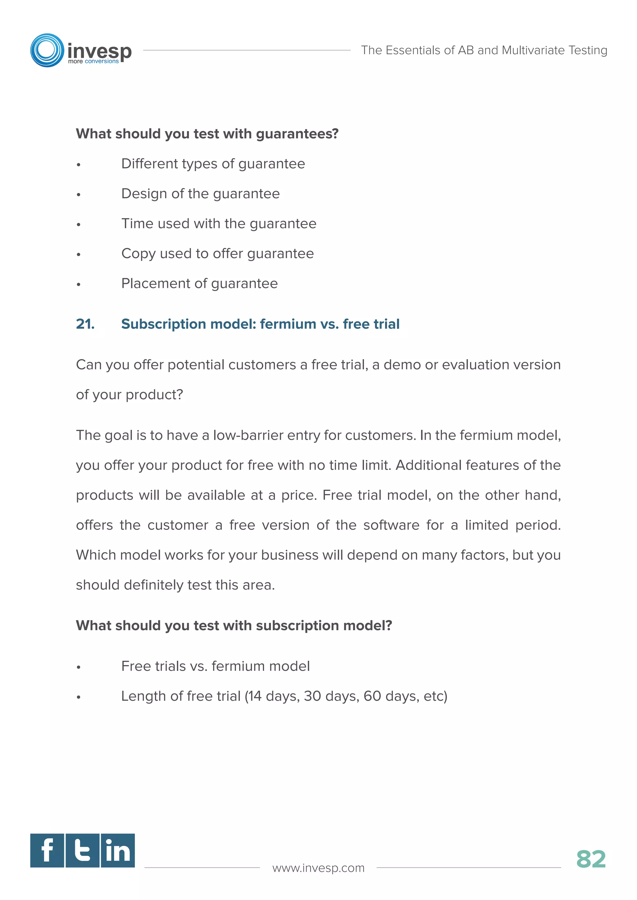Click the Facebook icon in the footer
coord(47,850)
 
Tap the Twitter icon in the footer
coord(82,850)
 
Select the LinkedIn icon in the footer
coord(118,850)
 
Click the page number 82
coord(591,859)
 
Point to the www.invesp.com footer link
coord(318,868)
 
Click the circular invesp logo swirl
coord(47,50)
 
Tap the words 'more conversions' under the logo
coord(93,62)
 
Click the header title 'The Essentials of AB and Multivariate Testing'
coord(484,50)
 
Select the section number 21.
coord(85,324)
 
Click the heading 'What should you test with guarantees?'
coord(207,134)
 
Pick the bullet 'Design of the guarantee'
coord(200,194)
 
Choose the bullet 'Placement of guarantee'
coord(199,283)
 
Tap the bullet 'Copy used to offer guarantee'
coord(217,254)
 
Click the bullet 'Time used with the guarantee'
coord(218,223)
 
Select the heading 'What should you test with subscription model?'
coord(234,626)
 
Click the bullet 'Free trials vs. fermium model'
coord(215,666)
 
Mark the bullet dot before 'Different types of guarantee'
coord(79,165)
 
